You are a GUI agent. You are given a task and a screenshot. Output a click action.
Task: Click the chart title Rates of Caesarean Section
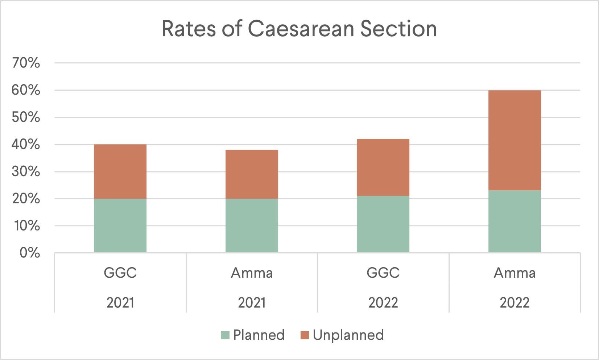299,29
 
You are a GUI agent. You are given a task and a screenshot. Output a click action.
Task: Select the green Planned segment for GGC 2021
120,225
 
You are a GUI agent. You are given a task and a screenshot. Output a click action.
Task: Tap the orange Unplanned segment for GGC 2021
120,171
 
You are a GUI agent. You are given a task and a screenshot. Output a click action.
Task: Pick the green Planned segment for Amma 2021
252,225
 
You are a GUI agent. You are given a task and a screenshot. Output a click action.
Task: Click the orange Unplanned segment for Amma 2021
252,174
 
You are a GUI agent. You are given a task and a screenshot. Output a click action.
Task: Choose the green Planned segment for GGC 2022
383,224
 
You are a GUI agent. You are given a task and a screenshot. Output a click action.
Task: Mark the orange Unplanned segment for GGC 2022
383,167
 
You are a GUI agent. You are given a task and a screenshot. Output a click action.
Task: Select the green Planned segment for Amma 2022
515,221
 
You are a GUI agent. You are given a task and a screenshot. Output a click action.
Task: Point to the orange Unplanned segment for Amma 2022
515,140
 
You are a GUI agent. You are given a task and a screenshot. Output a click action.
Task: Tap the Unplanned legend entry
342,335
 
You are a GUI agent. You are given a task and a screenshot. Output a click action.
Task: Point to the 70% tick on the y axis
26,63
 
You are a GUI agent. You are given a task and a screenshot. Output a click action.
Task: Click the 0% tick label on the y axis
30,253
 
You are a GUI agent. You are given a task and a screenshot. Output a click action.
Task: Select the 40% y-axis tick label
26,145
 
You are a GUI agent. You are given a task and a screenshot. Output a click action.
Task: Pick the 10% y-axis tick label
26,226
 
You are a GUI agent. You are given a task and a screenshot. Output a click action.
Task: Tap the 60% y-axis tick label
26,90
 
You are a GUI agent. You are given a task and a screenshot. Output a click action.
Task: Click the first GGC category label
120,273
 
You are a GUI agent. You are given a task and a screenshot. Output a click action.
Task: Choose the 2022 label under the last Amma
515,302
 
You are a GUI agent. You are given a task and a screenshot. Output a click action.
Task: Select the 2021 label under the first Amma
252,302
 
